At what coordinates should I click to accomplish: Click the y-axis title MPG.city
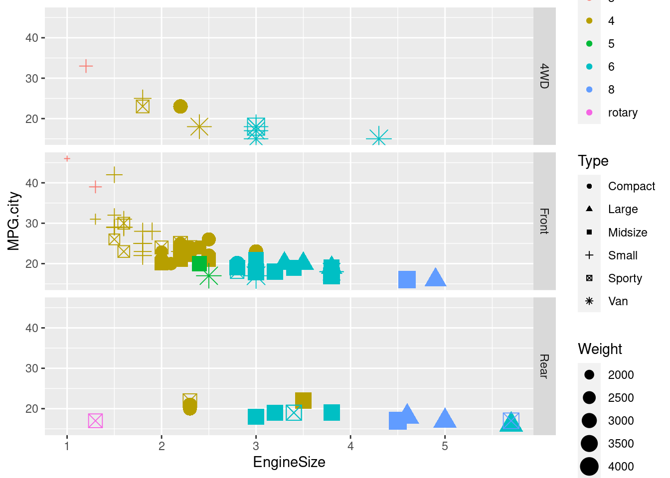point(13,221)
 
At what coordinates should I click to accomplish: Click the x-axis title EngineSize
point(289,462)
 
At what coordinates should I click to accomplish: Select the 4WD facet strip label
point(544,76)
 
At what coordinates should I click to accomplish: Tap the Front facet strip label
point(544,221)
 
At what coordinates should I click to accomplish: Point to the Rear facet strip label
point(544,366)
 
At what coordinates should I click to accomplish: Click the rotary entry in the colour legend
point(623,113)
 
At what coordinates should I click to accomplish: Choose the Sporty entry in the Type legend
point(625,278)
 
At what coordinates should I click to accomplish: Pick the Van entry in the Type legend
point(618,301)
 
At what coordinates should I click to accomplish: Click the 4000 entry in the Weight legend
point(621,467)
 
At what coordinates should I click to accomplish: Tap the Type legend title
point(593,161)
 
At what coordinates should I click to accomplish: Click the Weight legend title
point(600,349)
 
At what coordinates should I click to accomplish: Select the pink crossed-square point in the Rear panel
point(95,421)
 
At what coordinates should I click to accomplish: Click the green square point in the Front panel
point(199,263)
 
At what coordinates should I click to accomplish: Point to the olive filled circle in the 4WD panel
point(180,107)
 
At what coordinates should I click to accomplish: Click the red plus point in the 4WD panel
point(86,66)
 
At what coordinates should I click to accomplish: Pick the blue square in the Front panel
point(407,280)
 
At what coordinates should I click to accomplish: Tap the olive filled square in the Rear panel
point(303,400)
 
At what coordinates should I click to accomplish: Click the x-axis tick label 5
point(445,446)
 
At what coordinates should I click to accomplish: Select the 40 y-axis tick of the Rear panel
point(32,328)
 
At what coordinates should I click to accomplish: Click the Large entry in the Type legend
point(623,209)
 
